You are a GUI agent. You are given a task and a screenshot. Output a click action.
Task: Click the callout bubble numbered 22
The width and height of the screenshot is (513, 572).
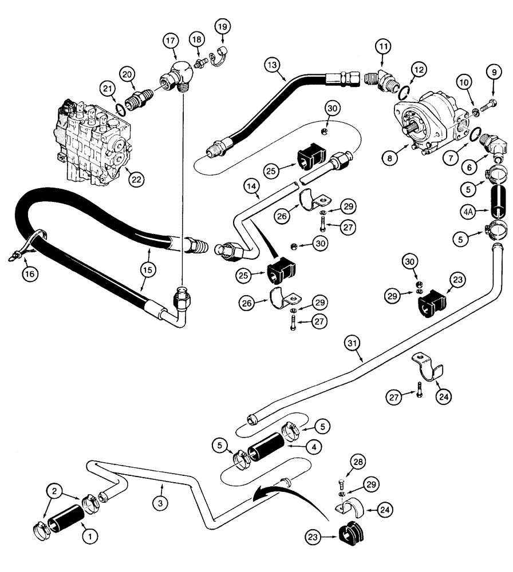click(x=136, y=179)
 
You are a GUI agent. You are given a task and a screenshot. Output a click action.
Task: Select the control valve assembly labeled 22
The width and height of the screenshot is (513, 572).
click(x=92, y=143)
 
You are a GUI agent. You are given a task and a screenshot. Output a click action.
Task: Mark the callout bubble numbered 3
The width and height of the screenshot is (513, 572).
click(x=162, y=487)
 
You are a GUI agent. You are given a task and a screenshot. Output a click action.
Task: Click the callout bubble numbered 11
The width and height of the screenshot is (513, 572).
click(x=383, y=45)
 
